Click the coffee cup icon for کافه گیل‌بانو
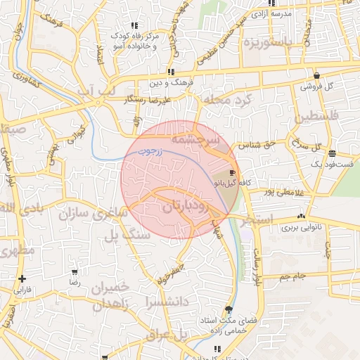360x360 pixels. click(x=233, y=172)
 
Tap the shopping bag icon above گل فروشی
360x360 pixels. click(x=316, y=75)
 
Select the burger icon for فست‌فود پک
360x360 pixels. click(x=331, y=153)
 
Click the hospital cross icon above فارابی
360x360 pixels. click(x=23, y=278)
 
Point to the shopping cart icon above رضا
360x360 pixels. click(x=75, y=271)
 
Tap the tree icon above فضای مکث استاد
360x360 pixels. click(x=228, y=309)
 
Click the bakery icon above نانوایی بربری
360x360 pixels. click(x=302, y=217)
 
